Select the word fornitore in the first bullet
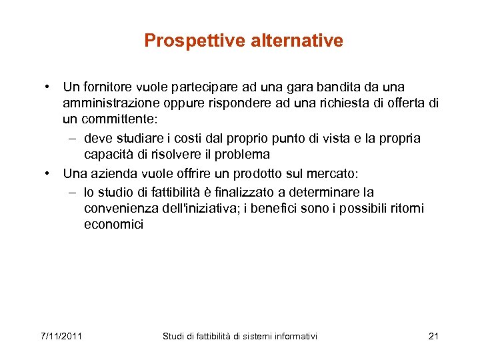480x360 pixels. tap(107, 87)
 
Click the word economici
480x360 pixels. tap(113, 225)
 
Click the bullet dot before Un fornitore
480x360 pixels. tap(49, 87)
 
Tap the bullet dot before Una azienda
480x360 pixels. tap(49, 174)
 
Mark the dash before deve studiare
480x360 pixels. tap(71, 138)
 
